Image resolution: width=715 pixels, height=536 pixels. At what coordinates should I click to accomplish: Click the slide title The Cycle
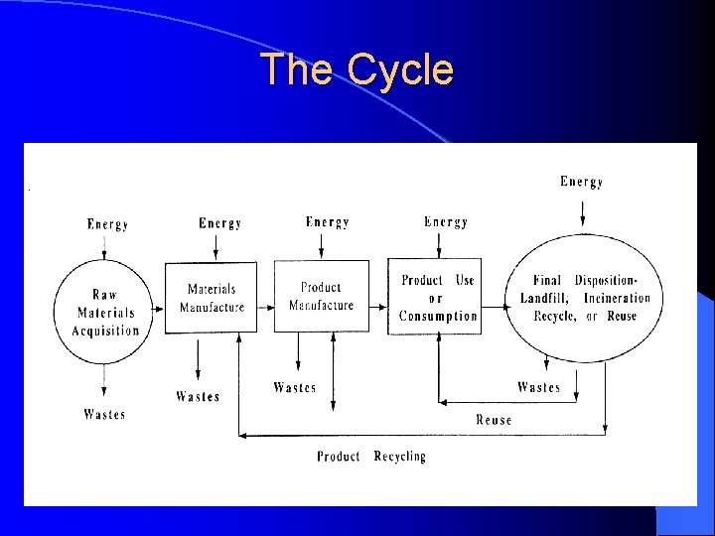coord(357,70)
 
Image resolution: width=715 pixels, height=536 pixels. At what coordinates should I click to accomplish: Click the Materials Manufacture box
coord(211,298)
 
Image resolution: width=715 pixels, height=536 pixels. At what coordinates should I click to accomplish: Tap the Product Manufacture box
coord(321,297)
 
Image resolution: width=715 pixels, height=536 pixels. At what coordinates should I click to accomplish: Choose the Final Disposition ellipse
coord(585,298)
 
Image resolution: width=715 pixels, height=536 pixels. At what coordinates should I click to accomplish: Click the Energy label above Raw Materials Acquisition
coord(107,224)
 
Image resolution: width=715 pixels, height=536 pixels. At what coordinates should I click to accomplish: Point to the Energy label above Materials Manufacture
coord(219,223)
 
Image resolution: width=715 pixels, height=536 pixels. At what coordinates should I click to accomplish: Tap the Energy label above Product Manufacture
coord(327,222)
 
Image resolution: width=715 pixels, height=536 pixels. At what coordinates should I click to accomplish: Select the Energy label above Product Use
coord(446,222)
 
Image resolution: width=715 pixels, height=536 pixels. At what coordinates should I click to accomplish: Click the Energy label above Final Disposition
coord(581,182)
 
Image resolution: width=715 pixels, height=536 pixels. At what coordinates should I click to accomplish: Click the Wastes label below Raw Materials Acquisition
coord(104,414)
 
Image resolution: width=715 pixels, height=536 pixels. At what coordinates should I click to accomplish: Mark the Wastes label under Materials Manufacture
coord(198,397)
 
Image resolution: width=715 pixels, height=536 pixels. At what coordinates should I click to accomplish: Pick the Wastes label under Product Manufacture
coord(295,387)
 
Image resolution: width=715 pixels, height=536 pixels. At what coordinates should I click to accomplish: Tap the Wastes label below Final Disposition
coord(538,387)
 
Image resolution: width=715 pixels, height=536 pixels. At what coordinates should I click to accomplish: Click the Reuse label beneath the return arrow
coord(494,420)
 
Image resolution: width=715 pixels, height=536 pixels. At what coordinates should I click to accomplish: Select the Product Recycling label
coord(370,457)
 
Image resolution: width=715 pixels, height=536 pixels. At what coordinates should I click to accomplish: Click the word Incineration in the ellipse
coord(617,298)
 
